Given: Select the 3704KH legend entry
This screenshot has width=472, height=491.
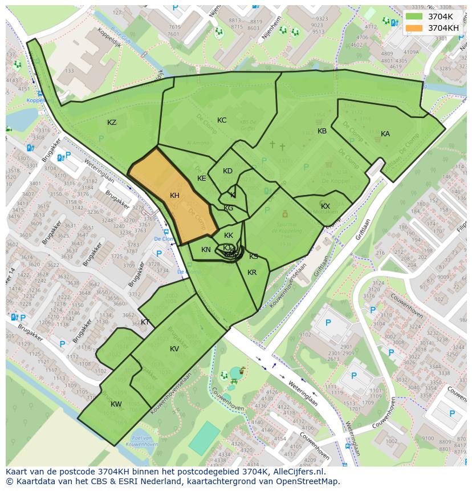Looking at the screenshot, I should tap(443, 27).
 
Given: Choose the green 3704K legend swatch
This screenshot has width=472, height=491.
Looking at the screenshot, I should tap(414, 16).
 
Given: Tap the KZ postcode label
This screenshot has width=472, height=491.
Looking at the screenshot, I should tap(112, 123).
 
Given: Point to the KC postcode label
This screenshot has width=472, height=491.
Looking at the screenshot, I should tap(222, 120).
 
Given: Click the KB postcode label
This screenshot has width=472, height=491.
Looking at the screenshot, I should tap(322, 131).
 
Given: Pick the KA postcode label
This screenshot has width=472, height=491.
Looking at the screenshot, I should tap(385, 134).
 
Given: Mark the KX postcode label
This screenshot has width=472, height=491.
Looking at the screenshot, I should tap(325, 206).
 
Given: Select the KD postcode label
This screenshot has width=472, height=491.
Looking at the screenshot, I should tap(227, 171).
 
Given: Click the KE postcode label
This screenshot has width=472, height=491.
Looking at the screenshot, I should tap(201, 178).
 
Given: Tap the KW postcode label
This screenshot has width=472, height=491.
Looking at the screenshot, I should tap(116, 404).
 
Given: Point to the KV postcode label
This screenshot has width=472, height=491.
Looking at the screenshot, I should tap(174, 349).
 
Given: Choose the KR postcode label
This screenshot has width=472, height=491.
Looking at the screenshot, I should tap(252, 273).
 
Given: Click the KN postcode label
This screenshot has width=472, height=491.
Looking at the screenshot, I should tap(206, 250).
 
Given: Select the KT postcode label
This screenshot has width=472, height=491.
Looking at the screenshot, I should tap(145, 322).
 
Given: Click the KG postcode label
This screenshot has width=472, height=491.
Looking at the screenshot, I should tap(229, 208).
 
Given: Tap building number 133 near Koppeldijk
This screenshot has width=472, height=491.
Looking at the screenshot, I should tap(70, 71).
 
